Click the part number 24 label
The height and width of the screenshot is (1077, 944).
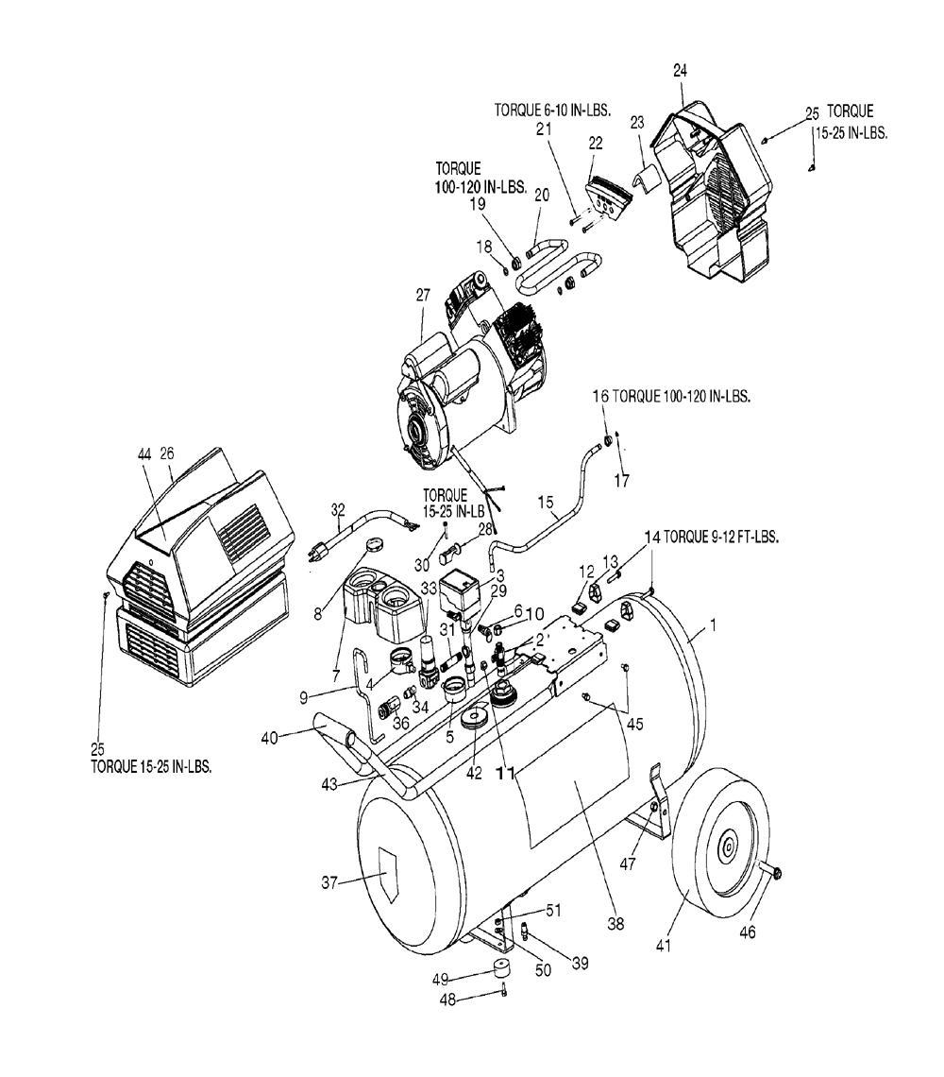point(680,70)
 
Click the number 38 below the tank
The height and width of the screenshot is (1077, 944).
point(616,925)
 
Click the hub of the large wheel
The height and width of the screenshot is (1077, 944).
point(728,849)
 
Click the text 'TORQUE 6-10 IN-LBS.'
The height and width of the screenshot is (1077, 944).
point(552,110)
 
